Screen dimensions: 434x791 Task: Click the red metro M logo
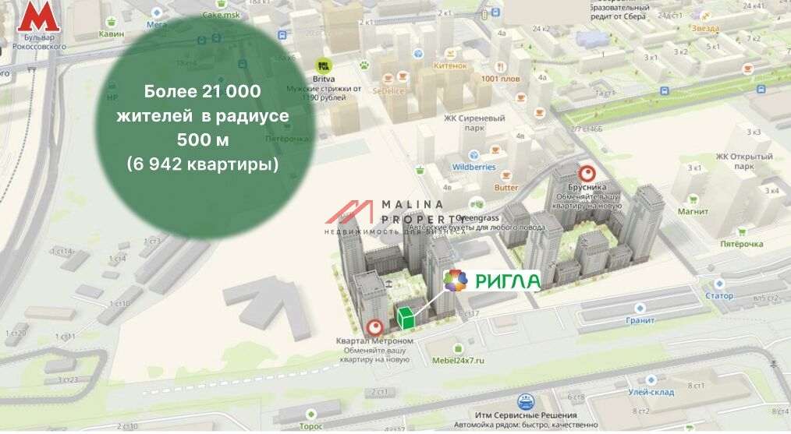(x=33, y=17)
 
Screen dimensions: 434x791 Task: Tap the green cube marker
(x=406, y=317)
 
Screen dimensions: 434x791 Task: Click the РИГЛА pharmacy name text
(x=508, y=281)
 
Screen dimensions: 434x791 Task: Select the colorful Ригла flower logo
(x=456, y=281)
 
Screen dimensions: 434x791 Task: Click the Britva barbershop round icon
(x=322, y=68)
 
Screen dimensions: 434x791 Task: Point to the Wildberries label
(x=474, y=167)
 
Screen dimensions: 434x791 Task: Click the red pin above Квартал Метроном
(x=374, y=328)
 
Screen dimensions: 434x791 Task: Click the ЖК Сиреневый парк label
(x=474, y=118)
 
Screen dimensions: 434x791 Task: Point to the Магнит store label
(x=693, y=211)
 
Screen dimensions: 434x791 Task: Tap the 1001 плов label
(x=500, y=79)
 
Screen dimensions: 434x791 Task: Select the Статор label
(x=718, y=296)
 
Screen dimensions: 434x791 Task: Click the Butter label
(x=505, y=187)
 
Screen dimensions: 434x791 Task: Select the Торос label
(x=311, y=426)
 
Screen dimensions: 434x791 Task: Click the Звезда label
(x=704, y=28)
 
